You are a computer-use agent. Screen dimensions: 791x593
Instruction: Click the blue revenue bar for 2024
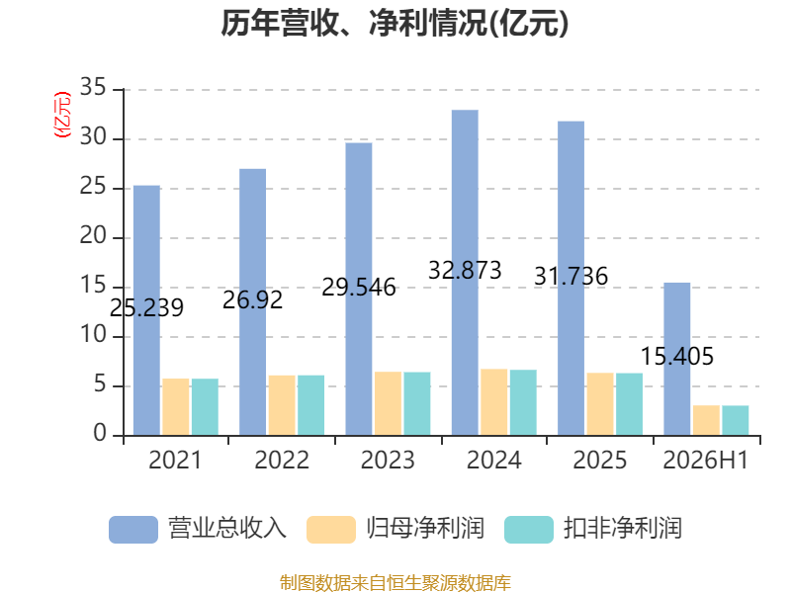(465, 273)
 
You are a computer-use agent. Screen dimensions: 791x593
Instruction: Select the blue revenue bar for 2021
(146, 310)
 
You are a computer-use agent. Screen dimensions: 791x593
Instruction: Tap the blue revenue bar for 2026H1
(677, 359)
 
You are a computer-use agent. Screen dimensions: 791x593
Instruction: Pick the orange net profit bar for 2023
(388, 403)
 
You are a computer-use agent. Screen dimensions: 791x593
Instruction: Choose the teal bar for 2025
(629, 404)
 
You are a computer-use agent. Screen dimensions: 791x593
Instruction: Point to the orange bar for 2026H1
(706, 420)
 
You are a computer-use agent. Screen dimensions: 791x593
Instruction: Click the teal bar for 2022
(310, 405)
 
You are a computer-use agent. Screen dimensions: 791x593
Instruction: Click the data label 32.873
(465, 270)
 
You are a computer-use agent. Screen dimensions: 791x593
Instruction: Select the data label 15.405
(677, 357)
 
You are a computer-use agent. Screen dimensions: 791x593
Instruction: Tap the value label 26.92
(253, 300)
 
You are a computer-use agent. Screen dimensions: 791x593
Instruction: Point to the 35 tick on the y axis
(93, 87)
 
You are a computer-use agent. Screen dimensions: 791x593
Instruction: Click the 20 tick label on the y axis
(93, 235)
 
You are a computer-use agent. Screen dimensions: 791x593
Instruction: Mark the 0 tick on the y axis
(100, 433)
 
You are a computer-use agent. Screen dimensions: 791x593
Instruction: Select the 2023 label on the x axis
(388, 460)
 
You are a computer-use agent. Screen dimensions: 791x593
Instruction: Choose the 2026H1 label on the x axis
(705, 460)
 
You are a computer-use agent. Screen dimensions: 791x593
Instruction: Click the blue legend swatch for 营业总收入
(133, 530)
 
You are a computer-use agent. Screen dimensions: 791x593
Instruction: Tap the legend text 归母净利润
(425, 529)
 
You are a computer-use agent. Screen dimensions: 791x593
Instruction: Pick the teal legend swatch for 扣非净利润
(529, 530)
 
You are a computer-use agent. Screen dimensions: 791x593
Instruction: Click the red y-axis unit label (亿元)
(62, 115)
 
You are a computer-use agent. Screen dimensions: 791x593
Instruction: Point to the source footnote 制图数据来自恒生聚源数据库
(395, 583)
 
